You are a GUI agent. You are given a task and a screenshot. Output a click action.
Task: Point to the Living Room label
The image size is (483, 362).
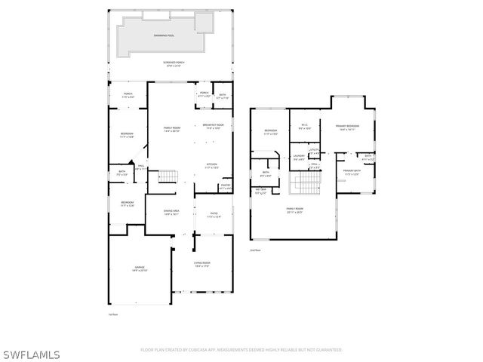pyautogui.click(x=202, y=264)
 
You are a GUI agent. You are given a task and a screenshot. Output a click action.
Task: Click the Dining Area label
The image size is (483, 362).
pyautogui.click(x=171, y=212)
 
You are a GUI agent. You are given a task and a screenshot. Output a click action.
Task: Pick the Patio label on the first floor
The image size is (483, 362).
pyautogui.click(x=214, y=215)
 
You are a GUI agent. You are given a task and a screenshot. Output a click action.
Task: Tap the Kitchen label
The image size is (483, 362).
pyautogui.click(x=213, y=165)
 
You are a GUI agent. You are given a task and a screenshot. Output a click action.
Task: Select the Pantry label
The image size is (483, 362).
pyautogui.click(x=225, y=186)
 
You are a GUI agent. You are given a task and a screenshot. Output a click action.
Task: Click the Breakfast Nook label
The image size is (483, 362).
pyautogui.click(x=214, y=126)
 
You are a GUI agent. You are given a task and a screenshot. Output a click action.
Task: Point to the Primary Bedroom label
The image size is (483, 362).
pyautogui.click(x=348, y=127)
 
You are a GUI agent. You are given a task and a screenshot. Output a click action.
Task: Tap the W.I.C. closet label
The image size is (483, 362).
pyautogui.click(x=304, y=126)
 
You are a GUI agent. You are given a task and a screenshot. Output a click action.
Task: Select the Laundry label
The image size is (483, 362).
pyautogui.click(x=299, y=158)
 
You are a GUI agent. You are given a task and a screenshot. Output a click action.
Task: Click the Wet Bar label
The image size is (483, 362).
pyautogui.click(x=260, y=192)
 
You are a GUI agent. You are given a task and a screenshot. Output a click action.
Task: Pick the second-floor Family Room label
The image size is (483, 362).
pyautogui.click(x=294, y=210)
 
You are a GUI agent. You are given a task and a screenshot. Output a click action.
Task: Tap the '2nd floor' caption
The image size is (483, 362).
pyautogui.click(x=255, y=250)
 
